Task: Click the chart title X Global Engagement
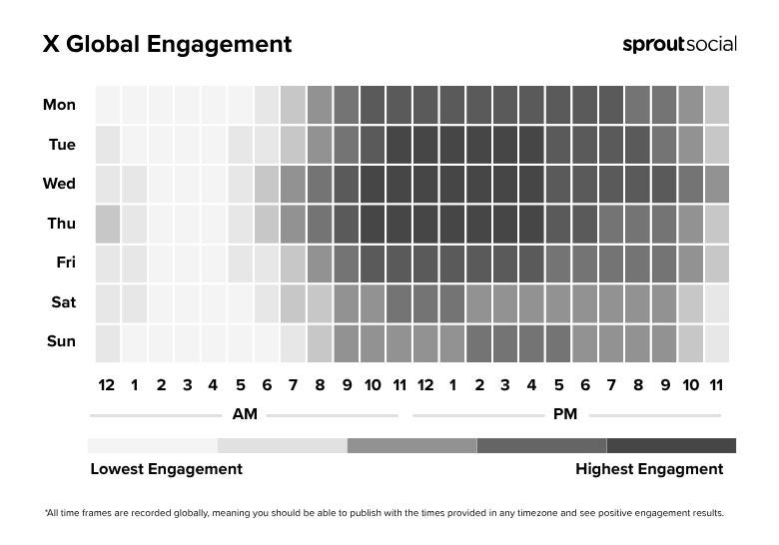pyautogui.click(x=167, y=45)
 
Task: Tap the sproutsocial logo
pyautogui.click(x=679, y=44)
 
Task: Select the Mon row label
pyautogui.click(x=59, y=105)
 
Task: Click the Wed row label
pyautogui.click(x=59, y=184)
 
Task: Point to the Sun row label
pyautogui.click(x=60, y=341)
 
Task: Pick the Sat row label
pyautogui.click(x=63, y=302)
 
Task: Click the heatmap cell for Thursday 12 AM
pyautogui.click(x=107, y=224)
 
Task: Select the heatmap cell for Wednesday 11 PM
pyautogui.click(x=716, y=184)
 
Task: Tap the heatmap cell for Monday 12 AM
pyautogui.click(x=107, y=105)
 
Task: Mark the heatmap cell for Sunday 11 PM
pyautogui.click(x=716, y=342)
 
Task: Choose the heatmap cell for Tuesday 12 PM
pyautogui.click(x=424, y=145)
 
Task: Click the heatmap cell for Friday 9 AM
pyautogui.click(x=346, y=264)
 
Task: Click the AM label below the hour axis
pyautogui.click(x=244, y=414)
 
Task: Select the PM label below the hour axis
pyautogui.click(x=564, y=414)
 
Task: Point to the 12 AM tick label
pyautogui.click(x=107, y=385)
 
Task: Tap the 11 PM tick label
pyautogui.click(x=716, y=385)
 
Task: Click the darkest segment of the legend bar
pyautogui.click(x=671, y=445)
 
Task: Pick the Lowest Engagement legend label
pyautogui.click(x=166, y=469)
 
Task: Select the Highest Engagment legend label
pyautogui.click(x=649, y=469)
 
